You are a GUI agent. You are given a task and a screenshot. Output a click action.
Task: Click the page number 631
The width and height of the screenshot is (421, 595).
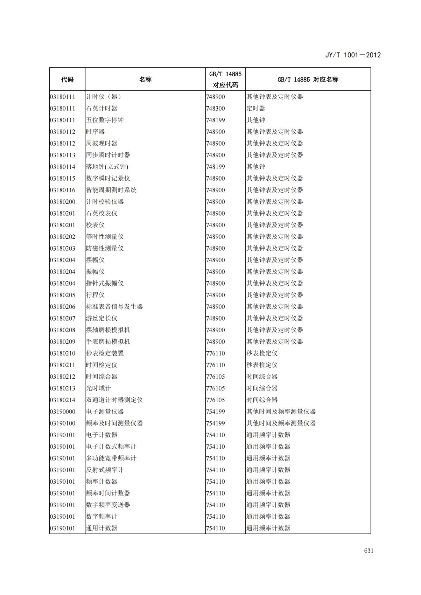tap(368, 551)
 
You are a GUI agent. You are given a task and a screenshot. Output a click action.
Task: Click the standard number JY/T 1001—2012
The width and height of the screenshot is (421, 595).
tap(353, 55)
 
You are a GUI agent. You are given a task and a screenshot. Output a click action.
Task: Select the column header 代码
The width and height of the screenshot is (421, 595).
tap(67, 80)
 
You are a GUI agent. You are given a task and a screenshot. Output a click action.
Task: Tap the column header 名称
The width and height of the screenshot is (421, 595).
tap(145, 80)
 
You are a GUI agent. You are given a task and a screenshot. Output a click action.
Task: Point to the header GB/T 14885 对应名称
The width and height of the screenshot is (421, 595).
tap(308, 80)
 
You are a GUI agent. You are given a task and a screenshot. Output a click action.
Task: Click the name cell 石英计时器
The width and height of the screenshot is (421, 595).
tap(102, 108)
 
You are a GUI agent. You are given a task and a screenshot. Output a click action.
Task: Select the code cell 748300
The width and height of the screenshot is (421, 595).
tap(215, 108)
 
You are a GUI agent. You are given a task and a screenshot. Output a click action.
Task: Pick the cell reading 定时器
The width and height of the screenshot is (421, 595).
tap(256, 108)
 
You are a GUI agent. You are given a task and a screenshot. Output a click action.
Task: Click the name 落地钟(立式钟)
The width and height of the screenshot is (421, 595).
tap(107, 167)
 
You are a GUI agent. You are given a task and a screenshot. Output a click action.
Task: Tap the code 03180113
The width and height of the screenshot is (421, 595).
tap(63, 155)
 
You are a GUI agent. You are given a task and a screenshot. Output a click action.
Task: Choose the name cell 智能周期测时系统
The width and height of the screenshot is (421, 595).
tap(111, 190)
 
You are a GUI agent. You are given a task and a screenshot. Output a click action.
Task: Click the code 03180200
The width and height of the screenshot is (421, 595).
tap(63, 202)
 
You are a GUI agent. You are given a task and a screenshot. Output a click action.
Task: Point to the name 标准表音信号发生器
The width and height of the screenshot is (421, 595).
tap(114, 307)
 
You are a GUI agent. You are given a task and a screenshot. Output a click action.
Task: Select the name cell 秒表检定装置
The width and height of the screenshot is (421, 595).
tap(105, 353)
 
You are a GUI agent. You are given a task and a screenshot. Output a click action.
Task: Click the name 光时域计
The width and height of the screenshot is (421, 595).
tap(98, 388)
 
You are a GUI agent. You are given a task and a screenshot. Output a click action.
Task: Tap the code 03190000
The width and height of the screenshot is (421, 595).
tap(63, 412)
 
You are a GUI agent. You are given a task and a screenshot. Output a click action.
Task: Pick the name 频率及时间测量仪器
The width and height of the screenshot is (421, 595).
tap(114, 423)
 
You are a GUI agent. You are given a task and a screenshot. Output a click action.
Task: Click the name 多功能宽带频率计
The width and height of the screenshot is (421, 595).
tap(111, 458)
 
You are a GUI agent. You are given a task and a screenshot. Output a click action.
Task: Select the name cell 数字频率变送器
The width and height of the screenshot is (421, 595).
tap(108, 505)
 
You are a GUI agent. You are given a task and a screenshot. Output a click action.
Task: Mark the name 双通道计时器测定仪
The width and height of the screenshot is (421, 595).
tap(114, 400)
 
